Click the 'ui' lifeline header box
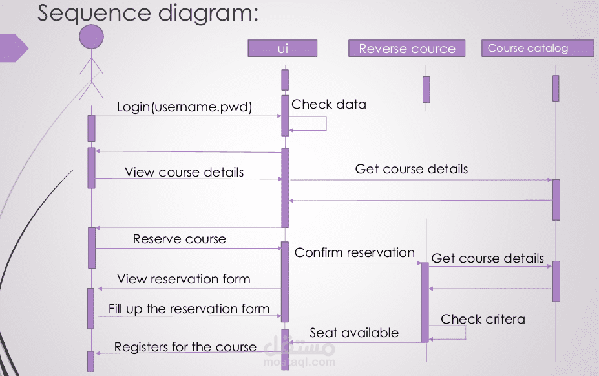click(282, 49)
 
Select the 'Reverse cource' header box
click(406, 49)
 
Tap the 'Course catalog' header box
click(537, 49)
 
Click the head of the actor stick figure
click(91, 37)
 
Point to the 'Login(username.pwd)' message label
click(184, 107)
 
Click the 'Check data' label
click(329, 104)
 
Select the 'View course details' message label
click(184, 172)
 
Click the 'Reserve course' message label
click(180, 239)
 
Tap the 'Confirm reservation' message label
click(354, 252)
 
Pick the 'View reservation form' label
click(184, 279)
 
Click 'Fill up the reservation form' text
click(189, 309)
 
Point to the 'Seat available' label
click(354, 333)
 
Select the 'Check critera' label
click(483, 319)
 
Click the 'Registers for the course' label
click(185, 347)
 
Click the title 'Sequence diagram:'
click(147, 13)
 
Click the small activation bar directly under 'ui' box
click(284, 80)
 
